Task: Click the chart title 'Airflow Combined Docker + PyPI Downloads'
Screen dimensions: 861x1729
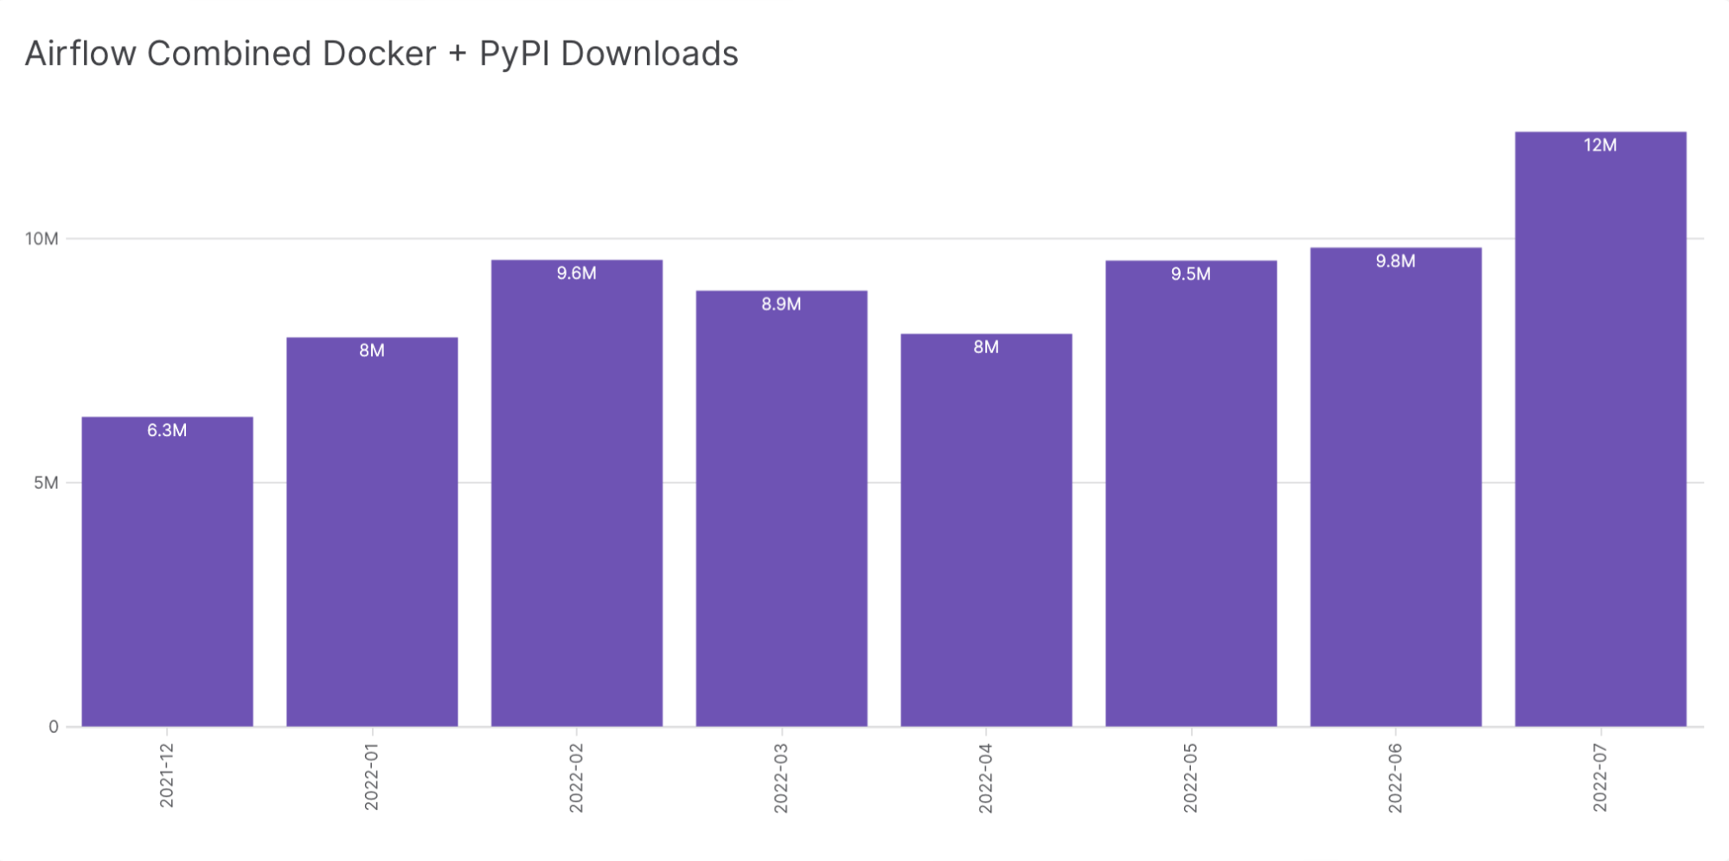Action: pos(381,54)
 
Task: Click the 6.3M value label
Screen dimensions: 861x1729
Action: pos(167,430)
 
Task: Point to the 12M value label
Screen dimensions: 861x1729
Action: pos(1600,145)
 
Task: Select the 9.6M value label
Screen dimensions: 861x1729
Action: pos(576,273)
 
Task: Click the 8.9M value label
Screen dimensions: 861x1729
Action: pos(781,305)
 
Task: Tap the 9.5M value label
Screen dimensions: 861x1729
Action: pos(1190,274)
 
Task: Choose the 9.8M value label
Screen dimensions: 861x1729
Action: pos(1395,261)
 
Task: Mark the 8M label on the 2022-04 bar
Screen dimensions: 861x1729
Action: pos(986,347)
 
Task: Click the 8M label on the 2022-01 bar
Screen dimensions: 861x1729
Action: pos(372,350)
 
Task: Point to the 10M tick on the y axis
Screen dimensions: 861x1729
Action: pos(42,239)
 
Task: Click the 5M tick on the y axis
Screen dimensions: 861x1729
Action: pos(46,483)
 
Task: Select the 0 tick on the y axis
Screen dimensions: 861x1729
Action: pos(54,727)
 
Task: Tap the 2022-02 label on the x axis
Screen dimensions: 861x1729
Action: pos(576,777)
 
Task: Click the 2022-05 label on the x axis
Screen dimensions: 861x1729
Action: pos(1190,777)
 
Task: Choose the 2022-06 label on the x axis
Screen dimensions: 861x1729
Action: pos(1395,777)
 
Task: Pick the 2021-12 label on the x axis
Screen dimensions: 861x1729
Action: pos(167,775)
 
